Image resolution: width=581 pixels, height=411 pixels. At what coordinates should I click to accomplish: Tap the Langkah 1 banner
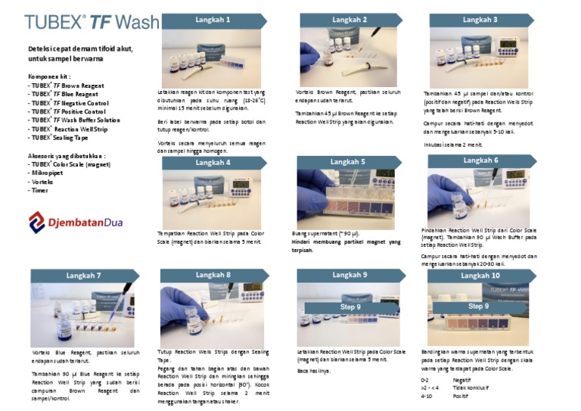tap(213, 20)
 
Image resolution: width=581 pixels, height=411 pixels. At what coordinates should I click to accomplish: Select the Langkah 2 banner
tap(350, 20)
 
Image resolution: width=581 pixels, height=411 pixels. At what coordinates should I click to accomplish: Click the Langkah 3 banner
tap(480, 20)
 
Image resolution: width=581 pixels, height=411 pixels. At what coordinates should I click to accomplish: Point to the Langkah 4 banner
tap(213, 163)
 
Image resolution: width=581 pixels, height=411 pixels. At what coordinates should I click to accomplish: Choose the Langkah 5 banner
tap(348, 162)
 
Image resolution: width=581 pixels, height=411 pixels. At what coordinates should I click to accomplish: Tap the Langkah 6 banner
tap(480, 160)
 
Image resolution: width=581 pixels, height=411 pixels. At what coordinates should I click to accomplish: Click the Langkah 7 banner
tap(83, 276)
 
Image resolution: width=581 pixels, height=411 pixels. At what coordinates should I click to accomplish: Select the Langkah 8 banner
tap(213, 275)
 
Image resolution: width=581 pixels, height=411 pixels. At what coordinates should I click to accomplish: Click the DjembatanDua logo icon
tap(37, 222)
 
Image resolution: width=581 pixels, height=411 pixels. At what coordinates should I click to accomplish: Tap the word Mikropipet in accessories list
tap(45, 173)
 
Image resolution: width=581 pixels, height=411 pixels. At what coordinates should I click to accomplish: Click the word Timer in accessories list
tap(39, 191)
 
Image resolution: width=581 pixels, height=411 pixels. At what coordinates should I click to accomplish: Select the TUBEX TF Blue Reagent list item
tap(67, 94)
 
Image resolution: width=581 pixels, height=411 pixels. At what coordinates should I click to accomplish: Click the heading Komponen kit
tap(49, 76)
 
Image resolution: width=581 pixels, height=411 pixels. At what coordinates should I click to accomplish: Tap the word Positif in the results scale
tap(461, 396)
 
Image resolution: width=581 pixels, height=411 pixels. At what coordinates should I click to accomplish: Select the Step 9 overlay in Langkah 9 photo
tap(351, 307)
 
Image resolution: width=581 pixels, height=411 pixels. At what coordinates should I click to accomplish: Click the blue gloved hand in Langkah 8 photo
tap(176, 307)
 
